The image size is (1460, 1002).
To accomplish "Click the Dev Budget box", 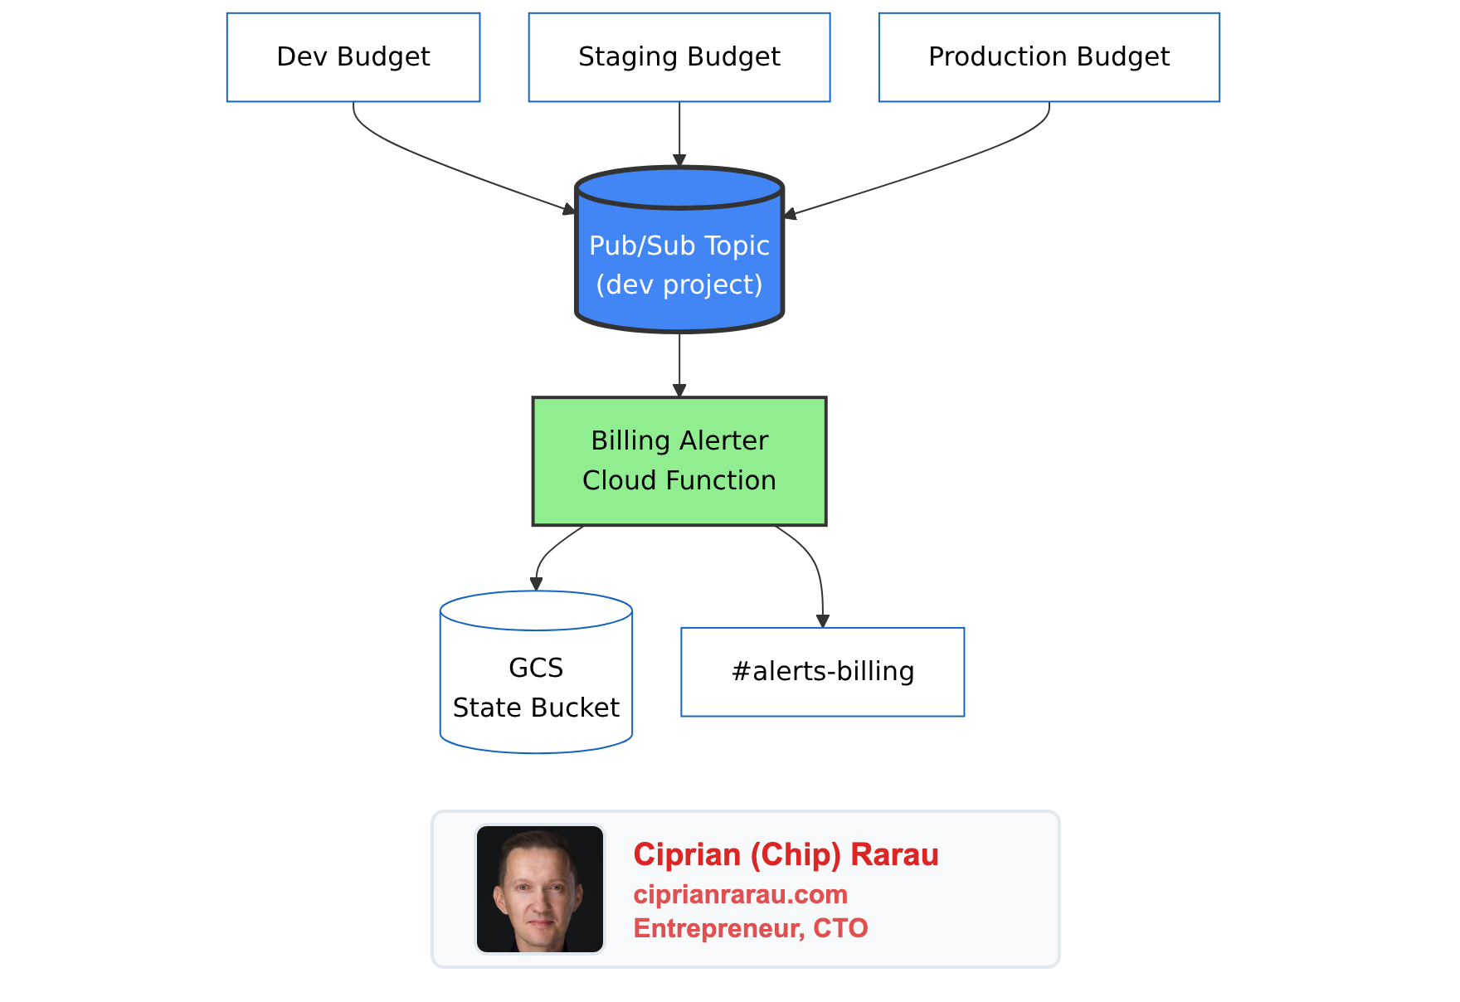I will [x=353, y=57].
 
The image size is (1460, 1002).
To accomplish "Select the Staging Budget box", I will [x=679, y=57].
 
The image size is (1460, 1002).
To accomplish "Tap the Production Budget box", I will [x=1049, y=57].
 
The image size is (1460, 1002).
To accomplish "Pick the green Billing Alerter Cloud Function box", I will [x=679, y=461].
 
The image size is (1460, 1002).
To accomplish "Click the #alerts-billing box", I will [x=822, y=672].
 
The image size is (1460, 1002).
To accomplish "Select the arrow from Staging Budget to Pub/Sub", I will [x=679, y=133].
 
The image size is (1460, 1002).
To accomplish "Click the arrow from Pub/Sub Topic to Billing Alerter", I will [x=679, y=365].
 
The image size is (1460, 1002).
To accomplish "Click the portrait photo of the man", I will [x=540, y=889].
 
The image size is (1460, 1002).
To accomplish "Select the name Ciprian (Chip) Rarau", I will [x=786, y=854].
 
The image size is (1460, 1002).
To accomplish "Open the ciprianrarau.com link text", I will [x=740, y=894].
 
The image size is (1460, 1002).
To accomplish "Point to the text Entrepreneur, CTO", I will [x=751, y=928].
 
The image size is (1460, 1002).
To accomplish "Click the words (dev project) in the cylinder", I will [x=679, y=285].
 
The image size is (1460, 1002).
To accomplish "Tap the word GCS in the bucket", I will [x=536, y=668].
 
